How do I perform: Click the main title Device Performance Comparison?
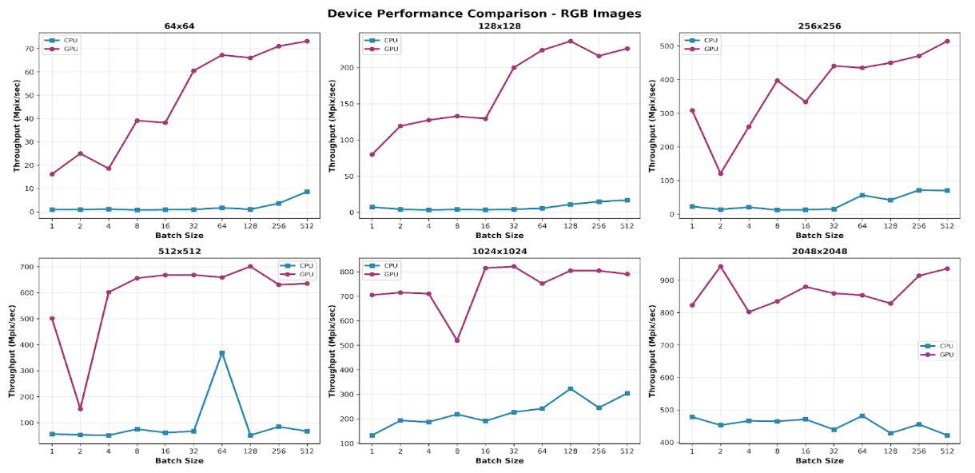[x=484, y=13]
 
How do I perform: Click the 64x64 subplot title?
[x=179, y=26]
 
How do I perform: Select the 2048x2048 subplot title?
[x=819, y=251]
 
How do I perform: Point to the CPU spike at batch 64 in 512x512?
[x=222, y=353]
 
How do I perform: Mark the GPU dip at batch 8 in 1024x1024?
[x=456, y=340]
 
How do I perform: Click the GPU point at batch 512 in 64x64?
[x=306, y=41]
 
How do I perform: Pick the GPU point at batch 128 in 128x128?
[x=570, y=41]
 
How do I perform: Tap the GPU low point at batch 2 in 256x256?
[x=721, y=173]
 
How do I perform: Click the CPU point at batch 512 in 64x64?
[x=306, y=192]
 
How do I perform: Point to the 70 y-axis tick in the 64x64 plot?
[x=30, y=49]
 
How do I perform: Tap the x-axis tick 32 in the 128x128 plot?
[x=513, y=226]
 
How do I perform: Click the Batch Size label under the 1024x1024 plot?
[x=499, y=461]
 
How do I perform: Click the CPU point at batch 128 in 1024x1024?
[x=570, y=388]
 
